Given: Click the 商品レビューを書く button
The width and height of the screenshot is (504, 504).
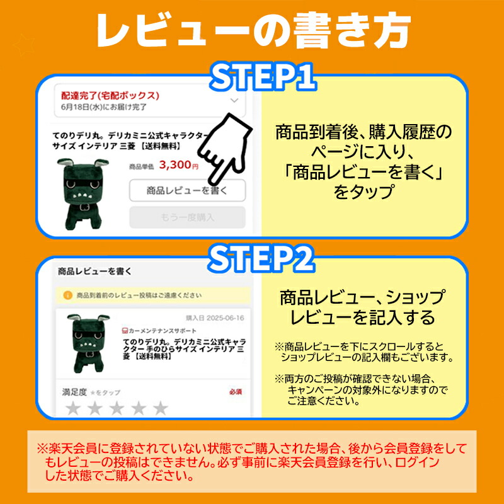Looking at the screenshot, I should pyautogui.click(x=187, y=190).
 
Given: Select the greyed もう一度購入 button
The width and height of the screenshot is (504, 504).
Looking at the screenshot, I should pyautogui.click(x=187, y=217).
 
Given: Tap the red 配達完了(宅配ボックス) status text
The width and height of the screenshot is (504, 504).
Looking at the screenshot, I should pyautogui.click(x=110, y=96).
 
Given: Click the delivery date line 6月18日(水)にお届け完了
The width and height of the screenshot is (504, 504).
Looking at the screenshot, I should pyautogui.click(x=104, y=107).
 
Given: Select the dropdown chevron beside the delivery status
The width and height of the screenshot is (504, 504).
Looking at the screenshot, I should pyautogui.click(x=234, y=100).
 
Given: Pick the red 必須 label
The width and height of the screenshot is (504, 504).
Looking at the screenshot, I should pyautogui.click(x=235, y=392).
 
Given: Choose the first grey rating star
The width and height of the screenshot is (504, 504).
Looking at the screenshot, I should pyautogui.click(x=74, y=409).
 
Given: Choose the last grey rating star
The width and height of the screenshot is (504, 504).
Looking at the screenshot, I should pyautogui.click(x=161, y=409).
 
